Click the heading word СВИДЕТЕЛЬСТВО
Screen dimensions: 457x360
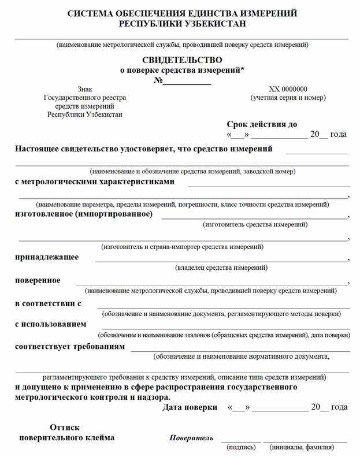pos(181,60)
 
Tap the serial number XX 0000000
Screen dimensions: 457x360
pos(288,89)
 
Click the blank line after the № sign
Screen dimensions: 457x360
pos(187,83)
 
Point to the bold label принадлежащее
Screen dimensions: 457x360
pos(47,257)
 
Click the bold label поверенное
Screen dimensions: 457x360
pos(38,280)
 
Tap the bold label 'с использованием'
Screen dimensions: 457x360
pos(50,324)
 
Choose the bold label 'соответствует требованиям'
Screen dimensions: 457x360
pos(69,346)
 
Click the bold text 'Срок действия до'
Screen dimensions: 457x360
pos(262,124)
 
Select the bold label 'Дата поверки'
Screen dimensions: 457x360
pos(190,407)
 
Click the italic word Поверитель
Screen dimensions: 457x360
pos(191,437)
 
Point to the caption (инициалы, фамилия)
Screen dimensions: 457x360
pos(302,447)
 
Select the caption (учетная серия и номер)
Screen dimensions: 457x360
pos(288,98)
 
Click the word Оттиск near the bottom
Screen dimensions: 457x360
pos(65,428)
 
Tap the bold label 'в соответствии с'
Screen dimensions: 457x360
pos(48,303)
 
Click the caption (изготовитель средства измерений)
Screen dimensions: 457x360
pos(254,224)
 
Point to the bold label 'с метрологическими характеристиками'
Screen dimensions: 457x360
pos(94,181)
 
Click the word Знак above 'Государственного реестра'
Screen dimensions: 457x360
pos(85,89)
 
